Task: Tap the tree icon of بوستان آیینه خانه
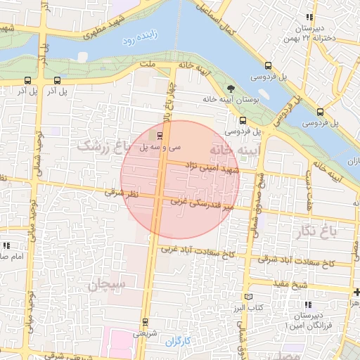(231, 88)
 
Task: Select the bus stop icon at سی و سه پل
(160, 134)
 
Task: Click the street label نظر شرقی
(123, 191)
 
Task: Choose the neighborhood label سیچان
(107, 285)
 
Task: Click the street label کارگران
(178, 342)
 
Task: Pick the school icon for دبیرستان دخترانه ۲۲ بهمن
(308, 18)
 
